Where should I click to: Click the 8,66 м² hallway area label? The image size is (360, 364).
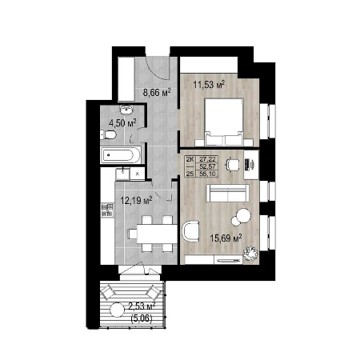pos(157,93)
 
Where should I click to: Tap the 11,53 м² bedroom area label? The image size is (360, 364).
pos(209,85)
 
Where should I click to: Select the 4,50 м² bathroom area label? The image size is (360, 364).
pos(122,123)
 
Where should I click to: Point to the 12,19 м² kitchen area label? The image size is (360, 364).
pos(136,200)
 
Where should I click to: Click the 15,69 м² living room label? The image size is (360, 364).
pos(226,238)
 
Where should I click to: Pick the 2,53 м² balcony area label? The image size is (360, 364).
pos(142,306)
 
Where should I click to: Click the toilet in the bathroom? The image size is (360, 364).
pos(109,135)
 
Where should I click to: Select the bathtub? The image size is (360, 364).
pos(121,154)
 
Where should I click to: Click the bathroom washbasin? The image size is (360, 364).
pos(126,110)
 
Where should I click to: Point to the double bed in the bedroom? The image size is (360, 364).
pos(224,122)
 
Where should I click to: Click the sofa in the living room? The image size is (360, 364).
pos(228,193)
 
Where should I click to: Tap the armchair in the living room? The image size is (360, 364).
pos(190,231)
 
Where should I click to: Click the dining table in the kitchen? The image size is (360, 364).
pos(157,234)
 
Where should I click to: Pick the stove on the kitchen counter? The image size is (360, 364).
pos(107,210)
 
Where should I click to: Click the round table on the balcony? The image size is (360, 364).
pos(117,310)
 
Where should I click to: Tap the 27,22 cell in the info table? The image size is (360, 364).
pos(209,160)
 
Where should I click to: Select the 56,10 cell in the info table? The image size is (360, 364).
pos(209,174)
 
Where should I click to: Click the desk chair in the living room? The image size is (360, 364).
pos(232,164)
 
